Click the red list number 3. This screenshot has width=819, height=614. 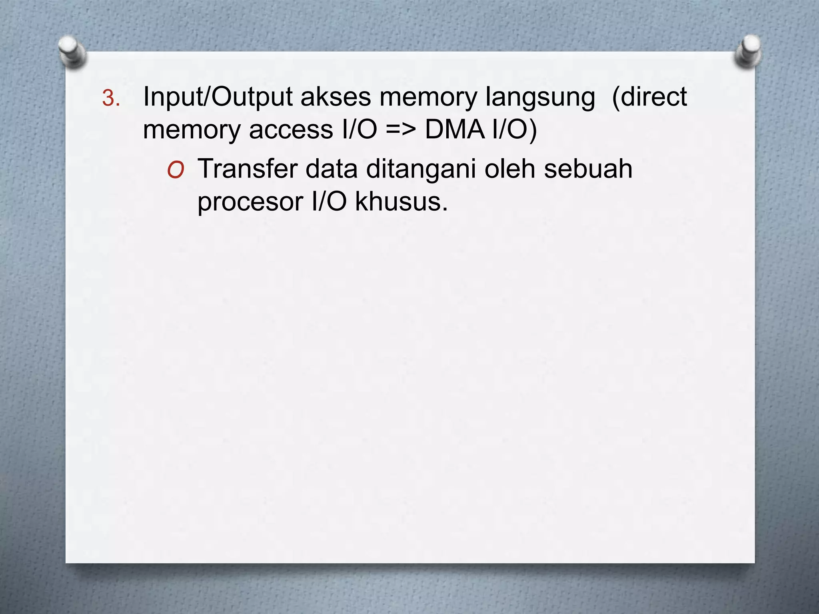click(x=110, y=99)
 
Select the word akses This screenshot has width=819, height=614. click(x=336, y=97)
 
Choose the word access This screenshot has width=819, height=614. click(x=291, y=130)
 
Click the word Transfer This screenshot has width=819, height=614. click(x=248, y=169)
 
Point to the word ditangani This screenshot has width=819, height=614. click(x=421, y=169)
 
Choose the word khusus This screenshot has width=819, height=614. click(x=401, y=201)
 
